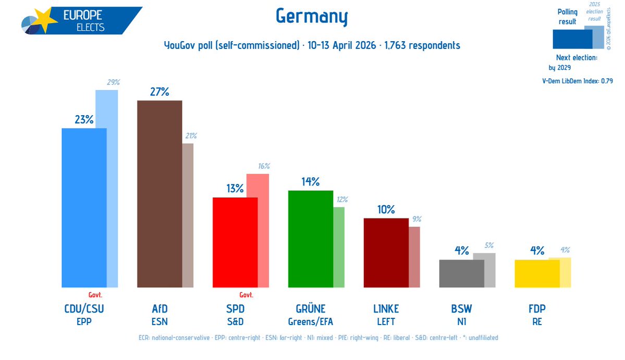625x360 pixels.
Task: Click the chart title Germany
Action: pyautogui.click(x=311, y=18)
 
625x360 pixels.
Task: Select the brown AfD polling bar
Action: pyautogui.click(x=159, y=193)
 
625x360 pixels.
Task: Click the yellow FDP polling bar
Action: pyautogui.click(x=536, y=274)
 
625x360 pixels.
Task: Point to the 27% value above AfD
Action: pyautogui.click(x=160, y=92)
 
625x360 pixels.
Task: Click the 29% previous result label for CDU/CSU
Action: pyautogui.click(x=114, y=82)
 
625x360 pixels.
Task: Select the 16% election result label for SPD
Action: pyautogui.click(x=264, y=166)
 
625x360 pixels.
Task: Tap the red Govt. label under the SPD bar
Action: pyautogui.click(x=246, y=294)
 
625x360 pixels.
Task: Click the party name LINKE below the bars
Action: pyautogui.click(x=386, y=309)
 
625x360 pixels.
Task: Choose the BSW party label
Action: pyautogui.click(x=461, y=309)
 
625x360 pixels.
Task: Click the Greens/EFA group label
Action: pyautogui.click(x=310, y=321)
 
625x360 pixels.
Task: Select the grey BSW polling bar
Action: pyautogui.click(x=461, y=274)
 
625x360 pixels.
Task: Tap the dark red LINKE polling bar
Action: pyautogui.click(x=386, y=253)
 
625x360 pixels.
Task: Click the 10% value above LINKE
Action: pyautogui.click(x=386, y=210)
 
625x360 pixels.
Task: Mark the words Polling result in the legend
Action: pyautogui.click(x=567, y=17)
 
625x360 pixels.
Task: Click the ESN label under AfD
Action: pyautogui.click(x=160, y=321)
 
